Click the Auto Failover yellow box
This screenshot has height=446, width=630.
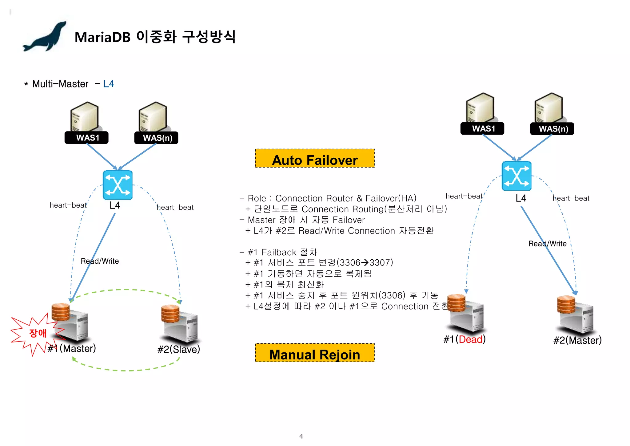[x=315, y=159]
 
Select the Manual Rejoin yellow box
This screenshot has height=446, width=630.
[x=315, y=353]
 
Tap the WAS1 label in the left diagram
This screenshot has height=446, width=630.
[x=86, y=138]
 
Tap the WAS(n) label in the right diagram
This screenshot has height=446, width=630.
[x=552, y=129]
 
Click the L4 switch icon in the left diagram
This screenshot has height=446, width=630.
[x=118, y=185]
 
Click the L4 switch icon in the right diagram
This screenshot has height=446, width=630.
[x=516, y=176]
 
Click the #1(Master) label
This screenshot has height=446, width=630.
[x=72, y=348]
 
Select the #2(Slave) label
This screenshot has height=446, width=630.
[x=179, y=349]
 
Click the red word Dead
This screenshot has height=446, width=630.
[x=470, y=339]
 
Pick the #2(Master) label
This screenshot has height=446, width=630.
[x=577, y=340]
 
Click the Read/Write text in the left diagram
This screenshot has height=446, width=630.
[x=100, y=261]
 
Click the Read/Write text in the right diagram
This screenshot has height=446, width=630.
[x=547, y=244]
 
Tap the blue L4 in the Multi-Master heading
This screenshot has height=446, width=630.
[x=109, y=84]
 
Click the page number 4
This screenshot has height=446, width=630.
[x=301, y=436]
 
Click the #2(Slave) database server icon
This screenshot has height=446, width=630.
[x=180, y=323]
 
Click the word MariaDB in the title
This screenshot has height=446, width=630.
[x=102, y=38]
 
